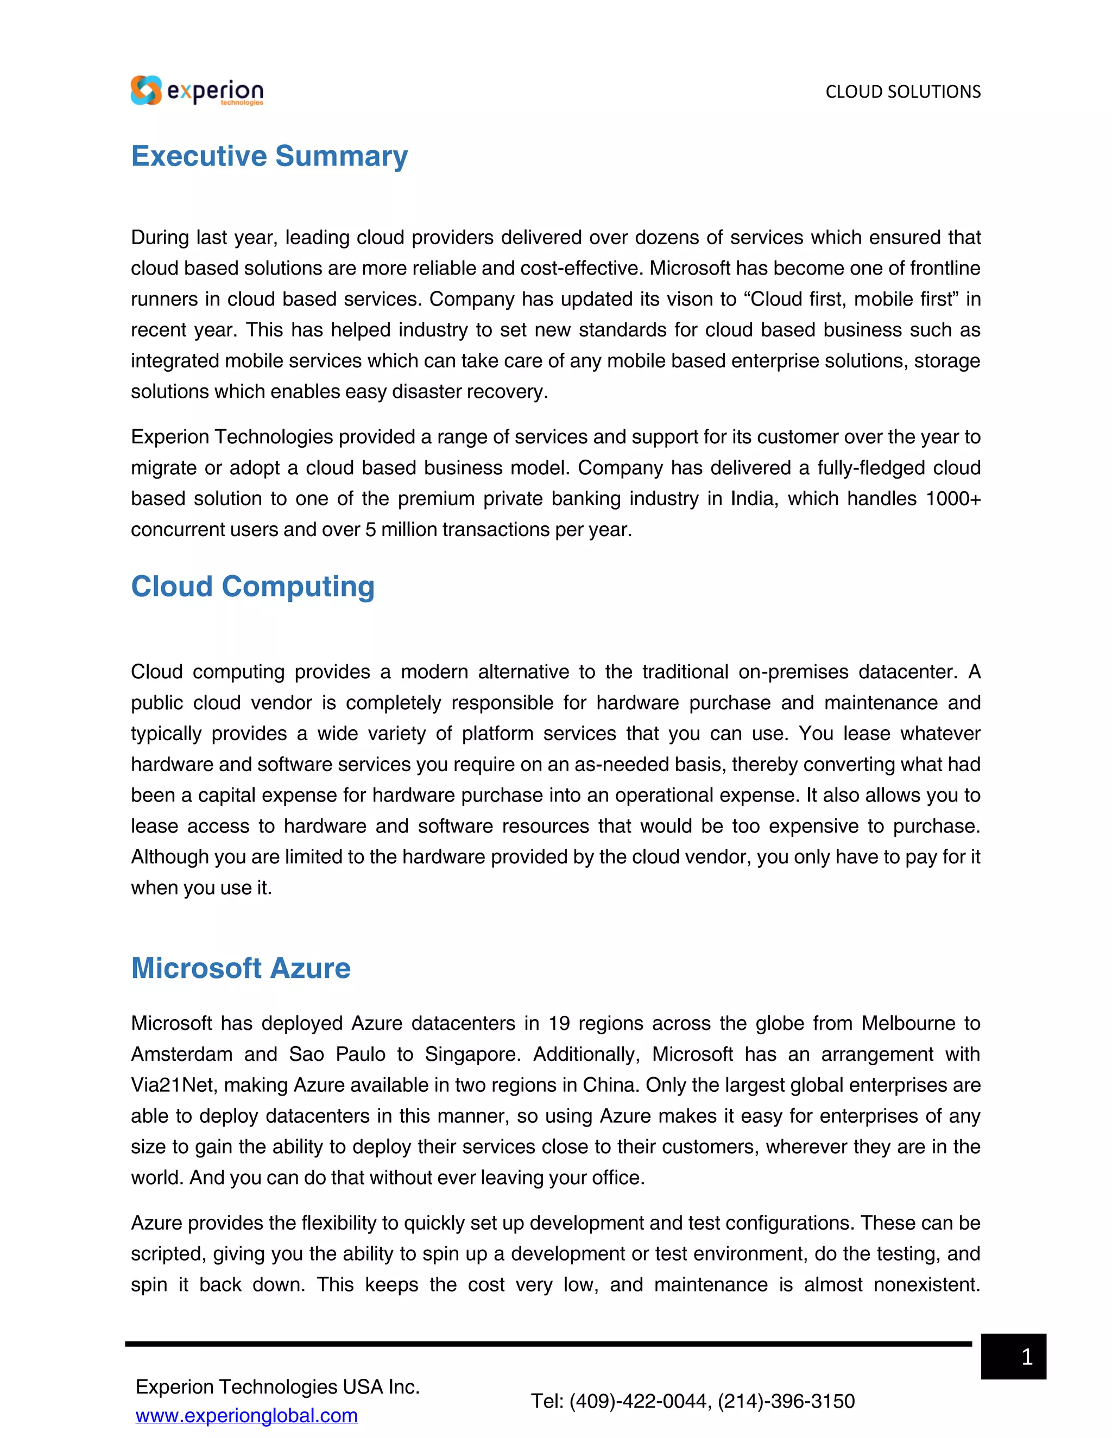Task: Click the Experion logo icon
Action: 146,90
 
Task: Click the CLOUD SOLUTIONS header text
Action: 902,92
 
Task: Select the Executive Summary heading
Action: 269,156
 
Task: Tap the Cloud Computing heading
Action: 252,586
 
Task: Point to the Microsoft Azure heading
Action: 241,968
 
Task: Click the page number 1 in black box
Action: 1026,1357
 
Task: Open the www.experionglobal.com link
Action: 247,1415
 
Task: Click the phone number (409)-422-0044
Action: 639,1401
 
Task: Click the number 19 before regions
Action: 559,1023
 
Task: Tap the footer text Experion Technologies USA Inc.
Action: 277,1386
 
